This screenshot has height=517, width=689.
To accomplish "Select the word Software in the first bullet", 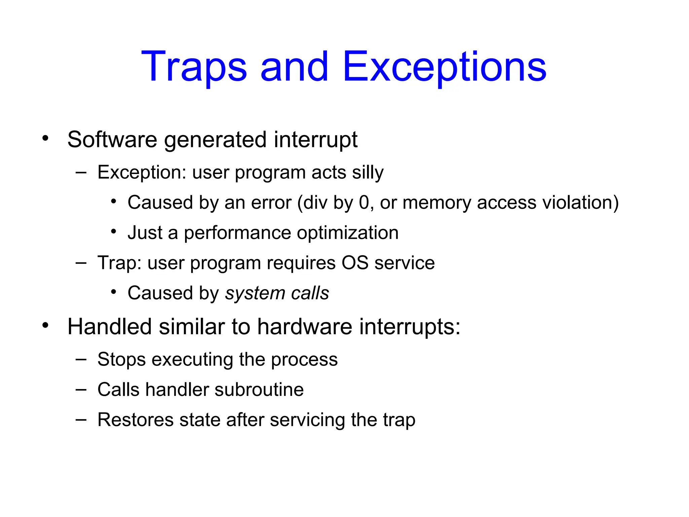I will click(112, 139).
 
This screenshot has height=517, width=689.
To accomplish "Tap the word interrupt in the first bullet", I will click(316, 139).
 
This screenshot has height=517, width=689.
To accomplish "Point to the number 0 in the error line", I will click(364, 203).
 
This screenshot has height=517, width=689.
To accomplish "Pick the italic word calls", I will click(310, 293).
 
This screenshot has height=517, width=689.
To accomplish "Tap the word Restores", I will click(136, 420).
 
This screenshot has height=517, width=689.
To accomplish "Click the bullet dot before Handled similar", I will click(45, 325).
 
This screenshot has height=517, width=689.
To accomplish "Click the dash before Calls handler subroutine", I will click(81, 390).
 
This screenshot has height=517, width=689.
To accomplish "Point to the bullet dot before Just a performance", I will click(114, 232).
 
